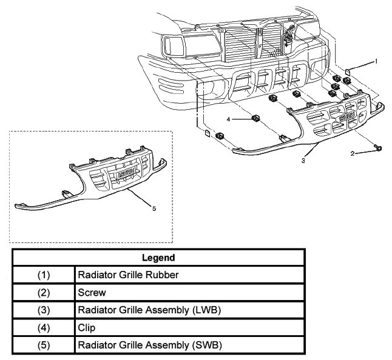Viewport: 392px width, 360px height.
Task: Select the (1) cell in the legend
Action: (x=43, y=275)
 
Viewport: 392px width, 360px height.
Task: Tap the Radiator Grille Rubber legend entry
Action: (x=129, y=275)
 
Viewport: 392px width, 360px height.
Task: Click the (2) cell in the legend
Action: (x=43, y=292)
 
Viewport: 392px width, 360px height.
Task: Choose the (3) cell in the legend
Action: (x=43, y=310)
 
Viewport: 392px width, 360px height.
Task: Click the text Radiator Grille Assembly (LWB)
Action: (x=149, y=310)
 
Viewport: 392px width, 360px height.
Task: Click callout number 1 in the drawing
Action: (x=376, y=61)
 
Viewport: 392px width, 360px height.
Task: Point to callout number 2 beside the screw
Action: (x=353, y=154)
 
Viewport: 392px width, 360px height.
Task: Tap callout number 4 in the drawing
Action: (x=229, y=120)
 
